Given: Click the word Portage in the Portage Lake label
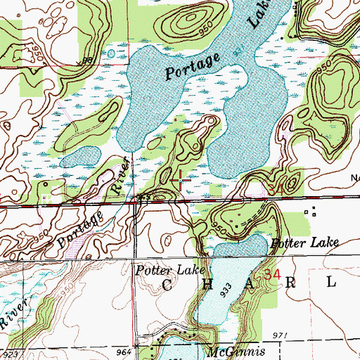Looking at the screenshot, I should (192, 64).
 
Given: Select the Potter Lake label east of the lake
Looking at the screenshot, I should (305, 243).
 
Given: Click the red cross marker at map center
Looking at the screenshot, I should (181, 181).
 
